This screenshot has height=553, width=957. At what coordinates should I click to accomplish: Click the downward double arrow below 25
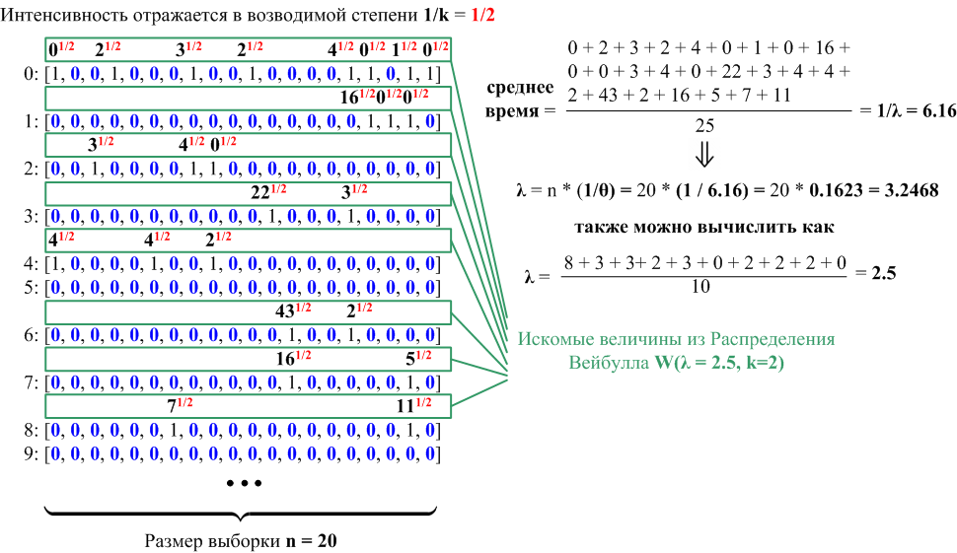(x=704, y=155)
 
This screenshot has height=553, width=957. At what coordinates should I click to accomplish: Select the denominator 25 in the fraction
(x=704, y=126)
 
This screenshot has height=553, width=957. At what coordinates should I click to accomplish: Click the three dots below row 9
(x=243, y=484)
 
